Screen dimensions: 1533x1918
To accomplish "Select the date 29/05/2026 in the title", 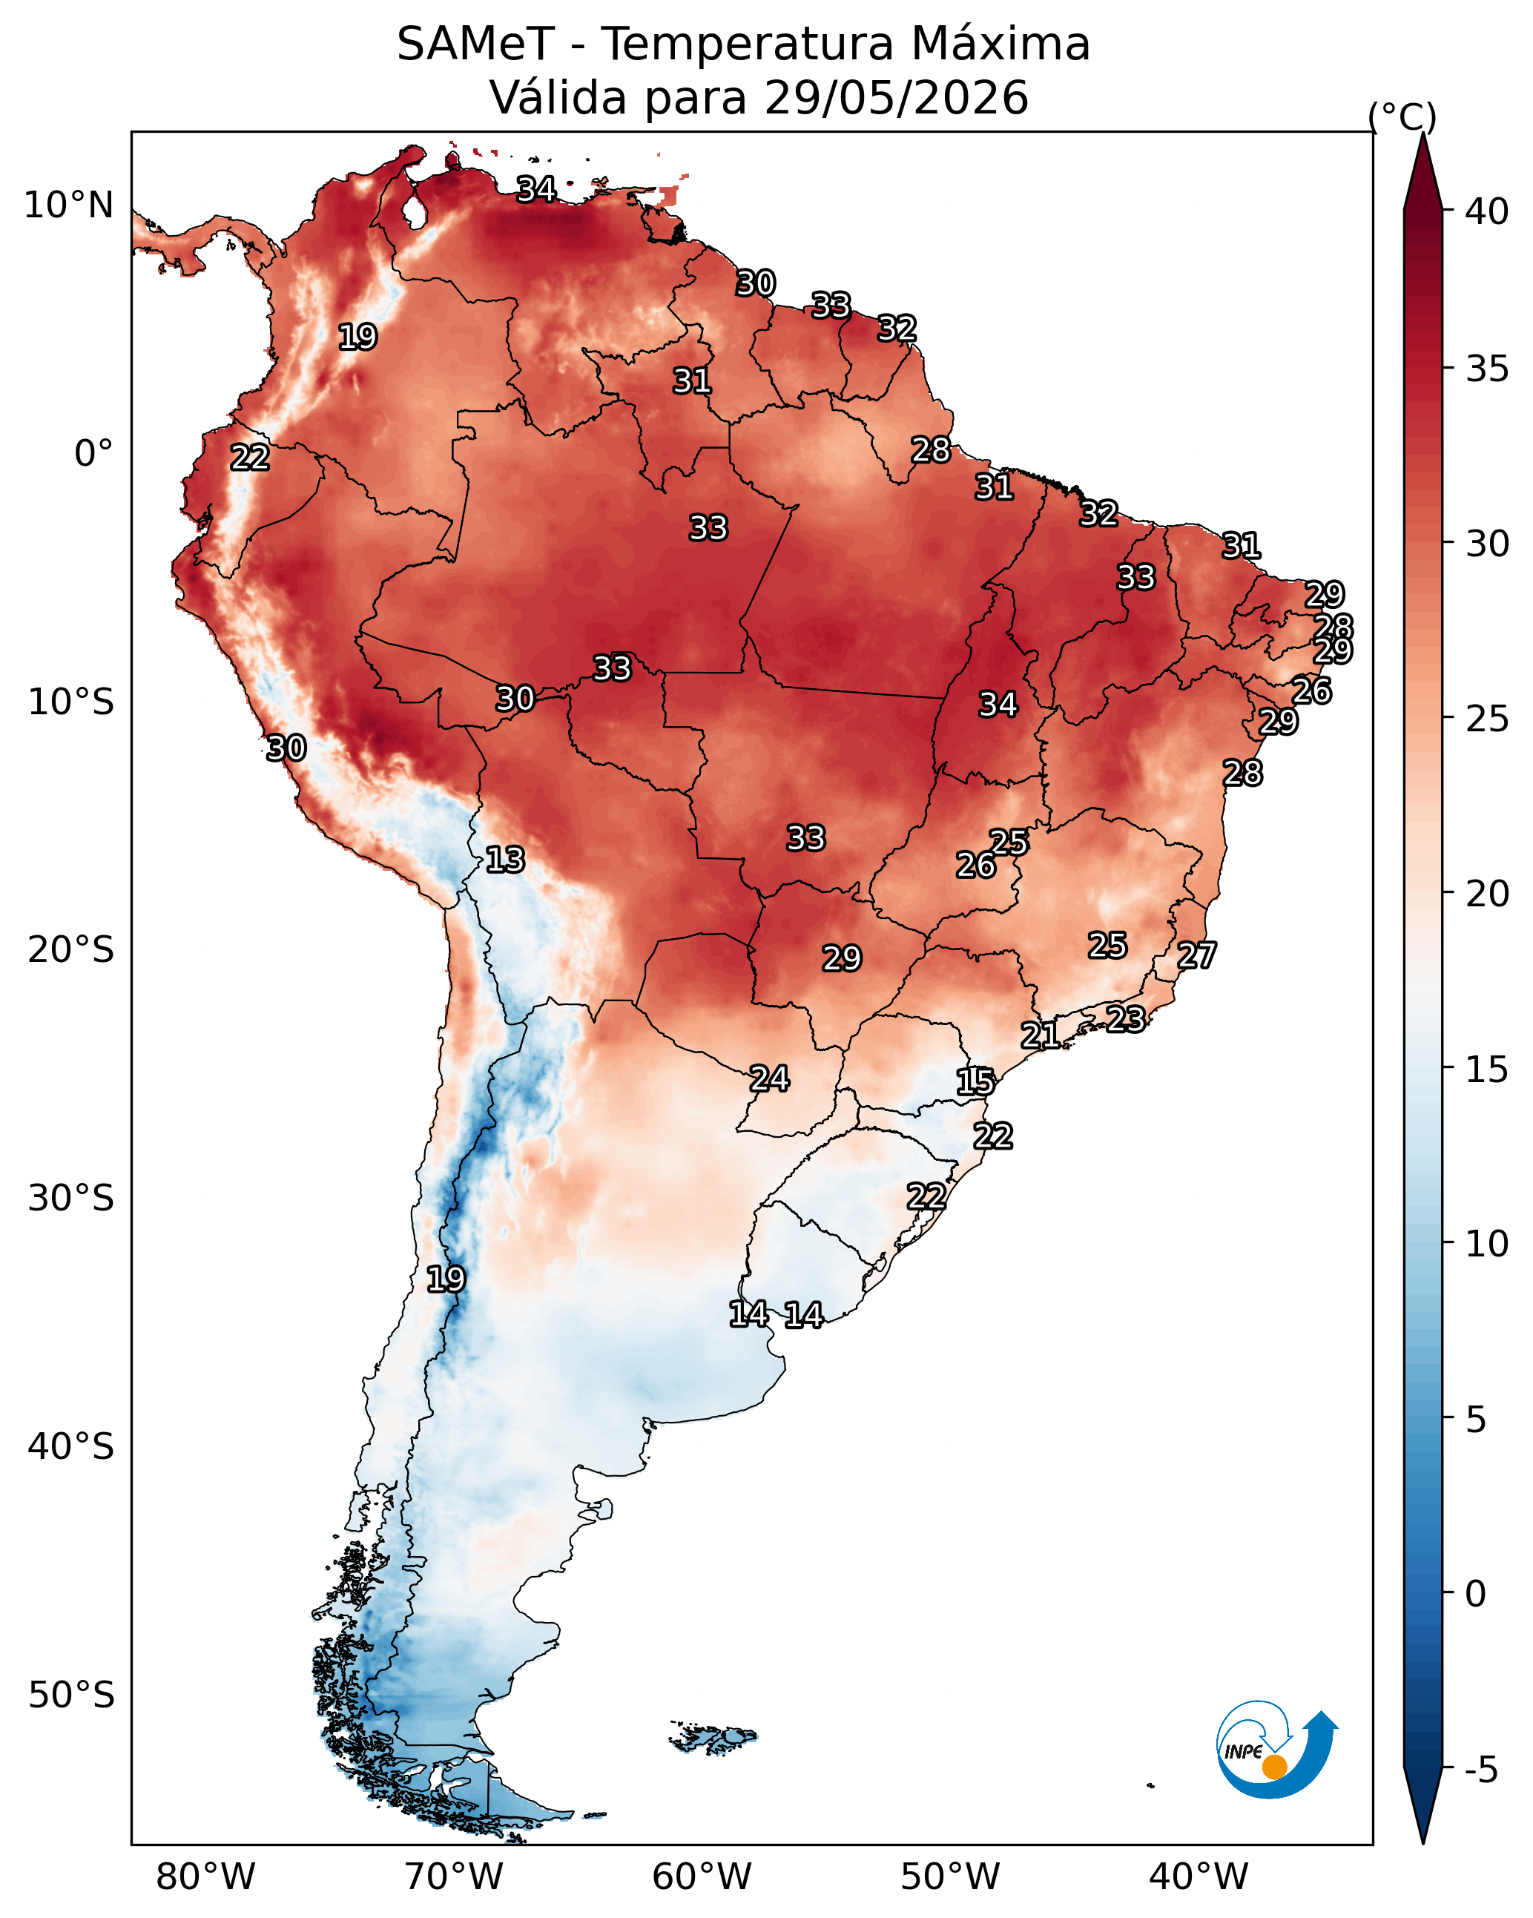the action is [896, 98].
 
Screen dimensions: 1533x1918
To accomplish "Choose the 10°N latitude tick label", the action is [68, 205].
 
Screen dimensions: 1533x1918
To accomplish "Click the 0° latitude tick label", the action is [94, 454].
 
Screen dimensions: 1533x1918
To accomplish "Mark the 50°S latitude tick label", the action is [71, 1695].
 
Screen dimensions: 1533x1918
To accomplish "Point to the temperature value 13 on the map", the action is [504, 860].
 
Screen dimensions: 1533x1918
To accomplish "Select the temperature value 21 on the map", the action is [1040, 1035].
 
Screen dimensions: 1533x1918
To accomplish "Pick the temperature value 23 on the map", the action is [1126, 1018].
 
